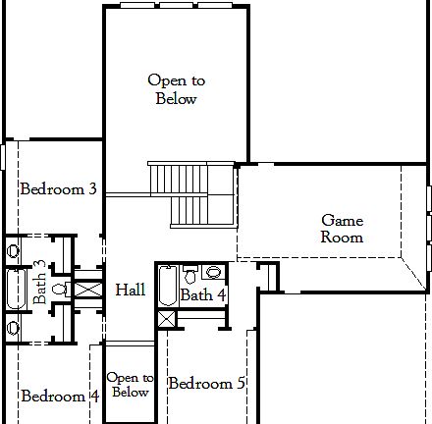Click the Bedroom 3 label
tap(58, 188)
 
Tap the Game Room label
tap(343, 229)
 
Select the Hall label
tap(130, 290)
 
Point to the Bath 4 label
tap(203, 294)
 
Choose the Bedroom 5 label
tap(206, 383)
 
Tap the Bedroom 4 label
tap(59, 397)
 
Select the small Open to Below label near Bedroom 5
tap(130, 385)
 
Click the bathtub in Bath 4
tap(166, 286)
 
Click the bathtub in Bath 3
tap(15, 289)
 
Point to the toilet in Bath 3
tap(59, 289)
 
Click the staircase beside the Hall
tap(192, 194)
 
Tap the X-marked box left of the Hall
tap(87, 290)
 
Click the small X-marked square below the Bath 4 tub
tap(166, 318)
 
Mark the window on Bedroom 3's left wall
tap(3, 156)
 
